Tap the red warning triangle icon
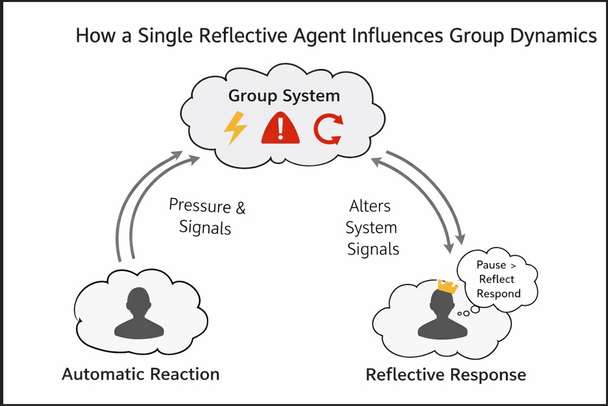[x=280, y=127]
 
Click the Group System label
[x=284, y=96]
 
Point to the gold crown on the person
[x=448, y=285]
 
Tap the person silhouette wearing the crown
[x=443, y=316]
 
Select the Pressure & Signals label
[x=206, y=216]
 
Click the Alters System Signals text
[x=372, y=227]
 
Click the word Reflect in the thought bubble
[x=496, y=279]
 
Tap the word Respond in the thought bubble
[x=498, y=294]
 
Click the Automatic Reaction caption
[x=141, y=374]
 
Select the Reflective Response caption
[x=446, y=375]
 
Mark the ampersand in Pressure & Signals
[x=240, y=208]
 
